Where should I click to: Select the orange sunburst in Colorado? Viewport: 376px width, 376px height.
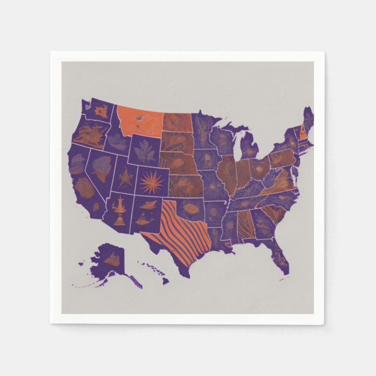click(152, 183)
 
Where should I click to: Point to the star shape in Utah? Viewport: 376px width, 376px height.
click(125, 177)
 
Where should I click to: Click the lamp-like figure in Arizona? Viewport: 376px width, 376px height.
click(119, 211)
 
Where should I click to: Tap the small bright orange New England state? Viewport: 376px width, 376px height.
click(303, 132)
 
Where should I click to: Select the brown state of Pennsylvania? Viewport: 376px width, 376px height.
click(282, 158)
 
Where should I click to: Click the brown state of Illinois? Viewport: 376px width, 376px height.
click(228, 175)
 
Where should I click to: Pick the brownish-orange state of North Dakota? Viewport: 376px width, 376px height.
click(177, 122)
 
